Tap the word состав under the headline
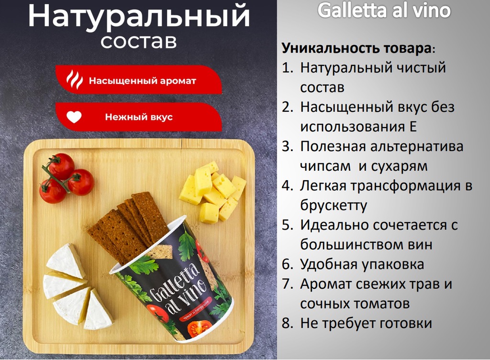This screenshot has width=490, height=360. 139,41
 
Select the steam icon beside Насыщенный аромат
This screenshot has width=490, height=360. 74,80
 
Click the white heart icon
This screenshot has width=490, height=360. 74,117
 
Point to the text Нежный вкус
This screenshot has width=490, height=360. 139,117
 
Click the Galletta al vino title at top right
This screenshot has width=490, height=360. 384,11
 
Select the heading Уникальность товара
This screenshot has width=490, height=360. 356,48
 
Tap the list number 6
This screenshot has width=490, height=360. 287,264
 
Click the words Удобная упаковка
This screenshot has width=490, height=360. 362,264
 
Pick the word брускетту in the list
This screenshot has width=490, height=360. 334,206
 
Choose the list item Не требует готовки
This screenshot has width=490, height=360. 366,323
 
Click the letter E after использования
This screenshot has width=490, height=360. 412,127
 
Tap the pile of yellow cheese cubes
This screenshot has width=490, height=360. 212,192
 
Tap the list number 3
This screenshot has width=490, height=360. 287,147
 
